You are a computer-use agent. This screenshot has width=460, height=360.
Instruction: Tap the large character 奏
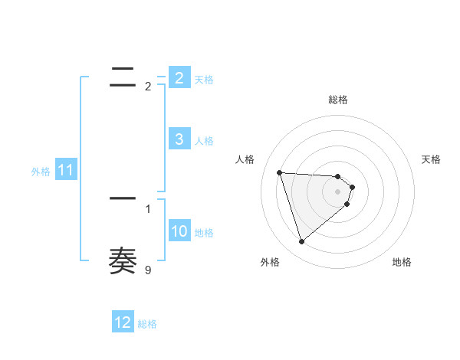pyautogui.click(x=123, y=261)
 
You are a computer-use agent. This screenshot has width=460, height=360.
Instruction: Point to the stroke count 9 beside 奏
pyautogui.click(x=148, y=270)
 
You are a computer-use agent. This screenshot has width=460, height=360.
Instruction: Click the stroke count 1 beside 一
pyautogui.click(x=148, y=208)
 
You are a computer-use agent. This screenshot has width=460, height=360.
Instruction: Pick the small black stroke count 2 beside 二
pyautogui.click(x=148, y=87)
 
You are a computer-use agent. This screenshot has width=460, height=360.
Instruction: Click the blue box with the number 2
pyautogui.click(x=179, y=77)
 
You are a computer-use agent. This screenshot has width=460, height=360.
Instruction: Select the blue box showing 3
pyautogui.click(x=179, y=139)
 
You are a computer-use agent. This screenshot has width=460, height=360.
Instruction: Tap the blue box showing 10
pyautogui.click(x=179, y=231)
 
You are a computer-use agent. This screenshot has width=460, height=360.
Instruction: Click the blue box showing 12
pyautogui.click(x=123, y=322)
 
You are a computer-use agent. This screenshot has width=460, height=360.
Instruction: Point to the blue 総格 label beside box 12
pyautogui.click(x=147, y=324)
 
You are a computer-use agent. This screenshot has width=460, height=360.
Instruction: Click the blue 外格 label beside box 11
pyautogui.click(x=41, y=172)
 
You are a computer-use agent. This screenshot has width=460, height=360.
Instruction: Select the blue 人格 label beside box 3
pyautogui.click(x=204, y=141)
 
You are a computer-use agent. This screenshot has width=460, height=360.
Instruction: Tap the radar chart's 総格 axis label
pyautogui.click(x=338, y=100)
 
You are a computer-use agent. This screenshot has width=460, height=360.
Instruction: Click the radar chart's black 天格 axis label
pyautogui.click(x=432, y=159)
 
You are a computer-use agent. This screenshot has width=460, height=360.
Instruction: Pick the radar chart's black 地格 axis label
pyautogui.click(x=402, y=262)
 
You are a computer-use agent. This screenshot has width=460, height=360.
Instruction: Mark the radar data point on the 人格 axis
pyautogui.click(x=280, y=172)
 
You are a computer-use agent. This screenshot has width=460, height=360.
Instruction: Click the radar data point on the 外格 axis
pyautogui.click(x=301, y=242)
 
